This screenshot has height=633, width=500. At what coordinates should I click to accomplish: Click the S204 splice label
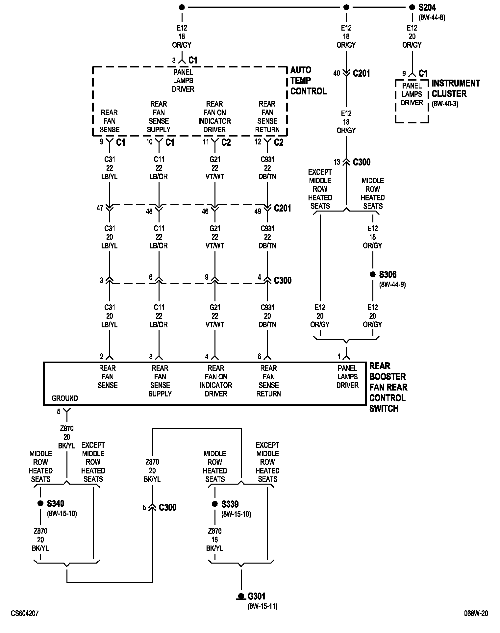(x=427, y=8)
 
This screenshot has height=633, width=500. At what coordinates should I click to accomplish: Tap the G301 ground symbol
(x=241, y=596)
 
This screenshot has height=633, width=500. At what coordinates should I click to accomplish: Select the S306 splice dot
(x=372, y=274)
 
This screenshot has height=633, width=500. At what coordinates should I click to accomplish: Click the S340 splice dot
(x=40, y=503)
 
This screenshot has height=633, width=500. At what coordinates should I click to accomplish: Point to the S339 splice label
(x=230, y=504)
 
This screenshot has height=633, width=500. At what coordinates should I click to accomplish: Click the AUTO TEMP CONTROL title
(x=308, y=81)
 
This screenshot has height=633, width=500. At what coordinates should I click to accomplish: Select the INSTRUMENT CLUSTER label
(x=455, y=89)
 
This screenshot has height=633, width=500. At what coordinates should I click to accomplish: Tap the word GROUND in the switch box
(x=65, y=398)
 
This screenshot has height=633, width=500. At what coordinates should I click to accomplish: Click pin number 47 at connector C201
(x=100, y=208)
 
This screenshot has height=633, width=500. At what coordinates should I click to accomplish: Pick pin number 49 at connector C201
(x=258, y=211)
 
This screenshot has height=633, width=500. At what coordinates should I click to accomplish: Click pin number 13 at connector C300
(x=337, y=162)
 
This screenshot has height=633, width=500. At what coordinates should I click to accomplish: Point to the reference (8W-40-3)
(x=445, y=104)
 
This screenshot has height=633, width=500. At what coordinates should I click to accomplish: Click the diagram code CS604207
(x=25, y=614)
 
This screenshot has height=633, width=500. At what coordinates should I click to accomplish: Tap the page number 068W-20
(x=476, y=614)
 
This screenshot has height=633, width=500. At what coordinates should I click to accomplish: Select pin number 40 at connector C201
(x=337, y=73)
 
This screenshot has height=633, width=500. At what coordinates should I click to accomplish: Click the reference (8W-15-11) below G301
(x=262, y=606)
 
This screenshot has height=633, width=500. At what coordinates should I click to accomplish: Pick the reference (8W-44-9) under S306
(x=392, y=285)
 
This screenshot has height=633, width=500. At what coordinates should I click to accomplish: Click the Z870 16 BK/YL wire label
(x=215, y=540)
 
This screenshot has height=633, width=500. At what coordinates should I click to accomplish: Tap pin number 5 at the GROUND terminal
(x=59, y=412)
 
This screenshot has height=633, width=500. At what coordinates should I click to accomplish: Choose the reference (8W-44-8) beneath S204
(x=432, y=18)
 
